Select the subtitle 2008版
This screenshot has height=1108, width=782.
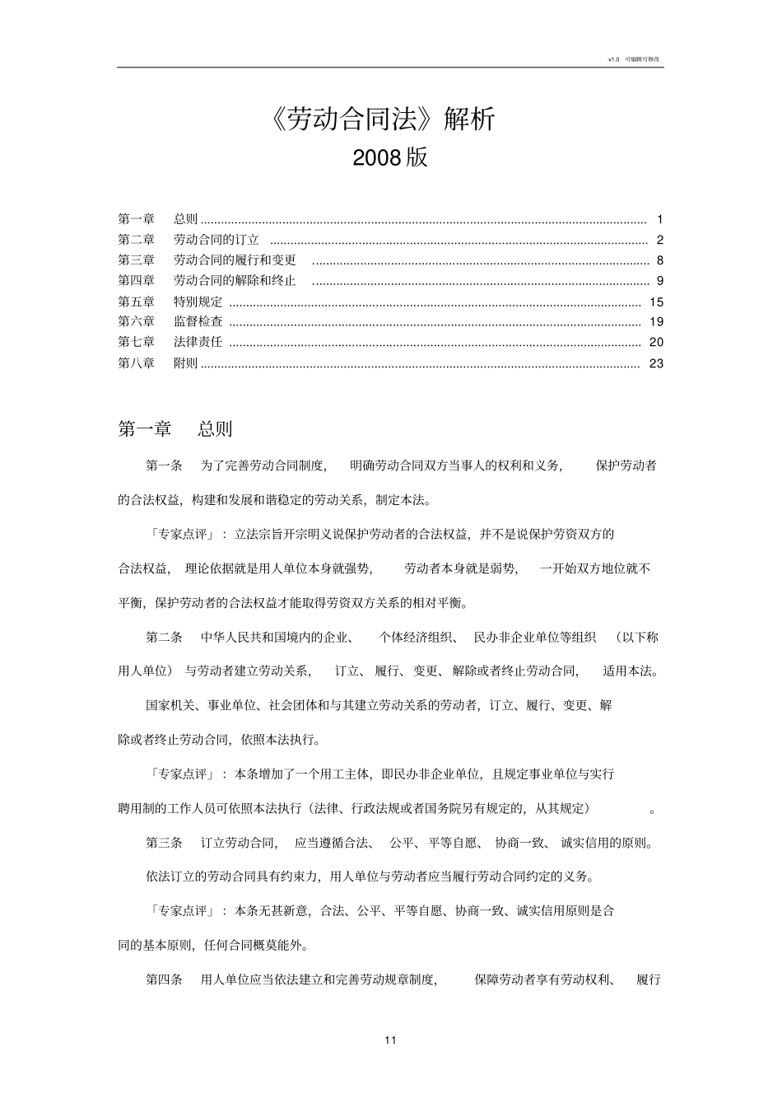[x=390, y=157]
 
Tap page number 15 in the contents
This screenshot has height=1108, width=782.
[x=656, y=302]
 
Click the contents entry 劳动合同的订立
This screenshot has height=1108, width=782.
[x=216, y=240]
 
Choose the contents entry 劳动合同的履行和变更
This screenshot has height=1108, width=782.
[x=235, y=260]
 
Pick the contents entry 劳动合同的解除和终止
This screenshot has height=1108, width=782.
[x=235, y=281]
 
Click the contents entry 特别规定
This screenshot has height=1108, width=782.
[x=198, y=302]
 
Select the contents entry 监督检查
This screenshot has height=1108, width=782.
[x=198, y=322]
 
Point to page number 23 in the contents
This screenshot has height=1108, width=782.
[x=656, y=363]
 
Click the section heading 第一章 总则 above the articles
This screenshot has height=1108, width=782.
[x=175, y=428]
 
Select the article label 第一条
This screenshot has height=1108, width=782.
[x=165, y=465]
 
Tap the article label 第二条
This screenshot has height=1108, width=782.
[x=165, y=637]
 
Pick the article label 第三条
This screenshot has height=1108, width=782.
[x=165, y=843]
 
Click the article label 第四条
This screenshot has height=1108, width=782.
[x=165, y=979]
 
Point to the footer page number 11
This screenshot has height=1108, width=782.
[x=390, y=1040]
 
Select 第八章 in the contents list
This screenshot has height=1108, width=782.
[x=137, y=363]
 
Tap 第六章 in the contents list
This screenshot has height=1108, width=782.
[x=137, y=322]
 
